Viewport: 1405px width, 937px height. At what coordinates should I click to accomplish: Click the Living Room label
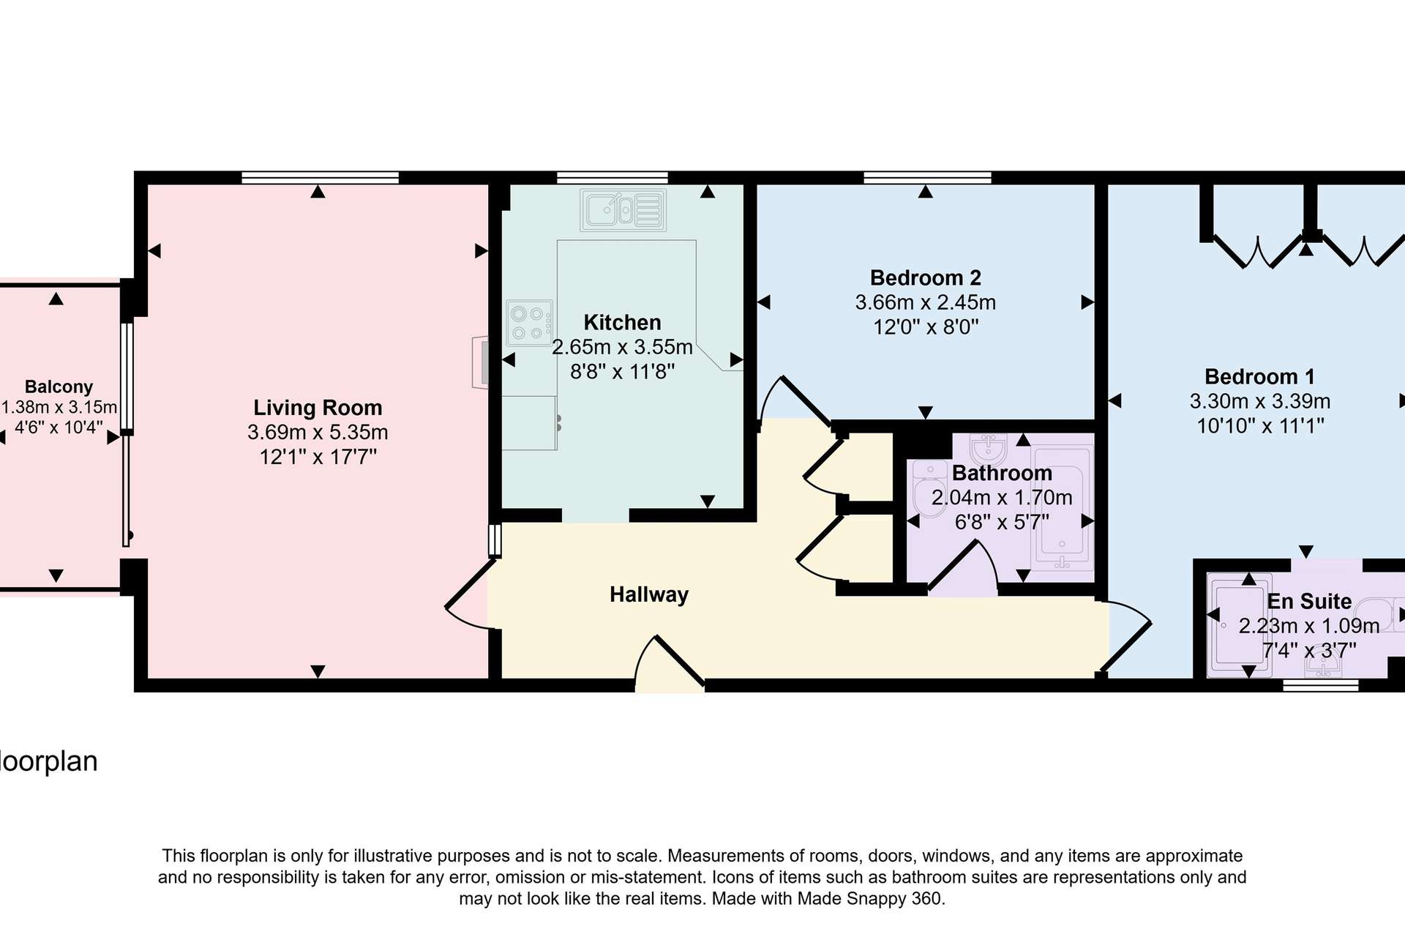coord(318,408)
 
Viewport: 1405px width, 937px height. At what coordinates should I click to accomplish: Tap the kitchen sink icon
coord(623,210)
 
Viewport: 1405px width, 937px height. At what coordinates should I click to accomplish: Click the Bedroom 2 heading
coord(926,278)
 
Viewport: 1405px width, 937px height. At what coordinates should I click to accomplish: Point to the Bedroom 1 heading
coord(1259,377)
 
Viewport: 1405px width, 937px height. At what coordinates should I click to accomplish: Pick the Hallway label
coord(649,594)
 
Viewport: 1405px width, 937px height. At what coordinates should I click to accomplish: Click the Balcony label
coord(59,387)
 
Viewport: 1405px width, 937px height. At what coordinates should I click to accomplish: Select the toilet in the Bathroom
coord(929,489)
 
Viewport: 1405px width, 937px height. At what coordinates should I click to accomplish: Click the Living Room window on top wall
coord(321,177)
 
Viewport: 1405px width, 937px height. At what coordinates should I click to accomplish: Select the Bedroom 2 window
coord(927,177)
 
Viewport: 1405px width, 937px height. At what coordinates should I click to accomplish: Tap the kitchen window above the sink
coord(612,177)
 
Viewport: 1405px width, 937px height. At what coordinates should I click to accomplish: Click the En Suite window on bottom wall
coord(1321,685)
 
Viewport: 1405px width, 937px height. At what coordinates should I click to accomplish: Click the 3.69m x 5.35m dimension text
coord(318,433)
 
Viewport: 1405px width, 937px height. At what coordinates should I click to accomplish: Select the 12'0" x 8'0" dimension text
coord(926,327)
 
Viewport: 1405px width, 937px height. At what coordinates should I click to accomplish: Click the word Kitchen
coord(623,323)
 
